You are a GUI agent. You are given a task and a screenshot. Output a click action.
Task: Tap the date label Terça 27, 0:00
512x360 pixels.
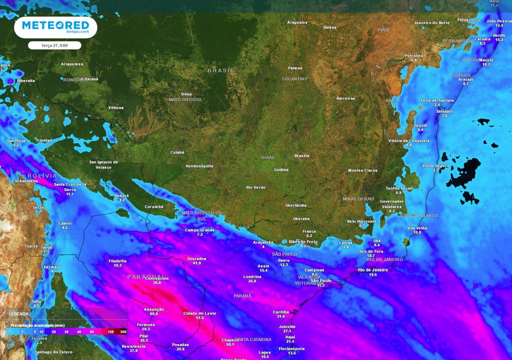point(55,45)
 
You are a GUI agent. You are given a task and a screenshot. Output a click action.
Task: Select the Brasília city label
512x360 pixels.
point(301,155)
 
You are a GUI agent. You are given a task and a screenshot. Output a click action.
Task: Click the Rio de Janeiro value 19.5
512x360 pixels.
point(373,275)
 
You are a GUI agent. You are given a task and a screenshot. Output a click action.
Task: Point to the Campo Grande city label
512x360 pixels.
point(199,229)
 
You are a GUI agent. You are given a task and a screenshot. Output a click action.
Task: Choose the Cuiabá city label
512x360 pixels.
point(177,152)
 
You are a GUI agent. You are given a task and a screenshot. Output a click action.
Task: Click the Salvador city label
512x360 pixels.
point(444,111)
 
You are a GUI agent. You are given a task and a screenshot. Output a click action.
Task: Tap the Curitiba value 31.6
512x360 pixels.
point(280,316)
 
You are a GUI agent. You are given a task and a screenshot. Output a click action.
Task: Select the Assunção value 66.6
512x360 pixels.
point(153,313)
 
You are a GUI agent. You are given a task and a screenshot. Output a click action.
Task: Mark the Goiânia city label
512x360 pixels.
point(281,169)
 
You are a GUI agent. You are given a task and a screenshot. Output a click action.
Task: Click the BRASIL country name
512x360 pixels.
point(220,71)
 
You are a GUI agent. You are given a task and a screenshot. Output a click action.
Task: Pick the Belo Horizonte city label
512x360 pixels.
point(362,221)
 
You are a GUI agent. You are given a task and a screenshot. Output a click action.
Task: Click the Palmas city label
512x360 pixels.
point(295,68)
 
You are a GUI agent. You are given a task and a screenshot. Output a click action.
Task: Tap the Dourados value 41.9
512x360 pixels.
point(196,263)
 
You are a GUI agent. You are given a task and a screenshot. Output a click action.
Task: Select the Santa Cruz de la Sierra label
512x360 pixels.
point(70,186)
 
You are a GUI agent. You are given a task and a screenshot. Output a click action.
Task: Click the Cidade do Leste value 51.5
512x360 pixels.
point(200,317)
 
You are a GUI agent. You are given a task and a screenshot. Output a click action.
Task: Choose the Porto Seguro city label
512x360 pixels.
point(435,165)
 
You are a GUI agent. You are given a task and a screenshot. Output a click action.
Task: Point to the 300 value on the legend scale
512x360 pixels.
point(123,332)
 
